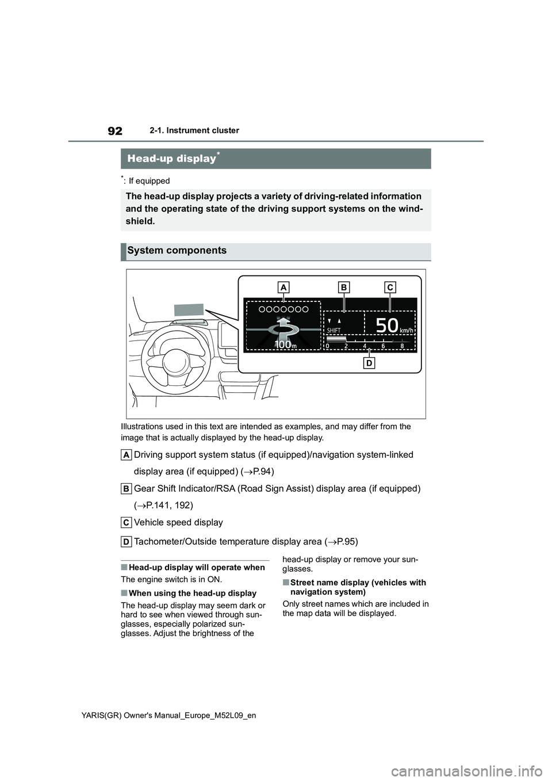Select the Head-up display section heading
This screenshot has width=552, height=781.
171,158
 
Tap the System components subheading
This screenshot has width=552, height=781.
177,251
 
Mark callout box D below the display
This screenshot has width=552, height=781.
369,363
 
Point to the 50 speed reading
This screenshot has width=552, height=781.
386,326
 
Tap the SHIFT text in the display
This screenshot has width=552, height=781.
334,331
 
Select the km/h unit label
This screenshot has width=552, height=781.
407,330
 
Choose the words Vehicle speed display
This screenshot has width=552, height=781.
178,522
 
